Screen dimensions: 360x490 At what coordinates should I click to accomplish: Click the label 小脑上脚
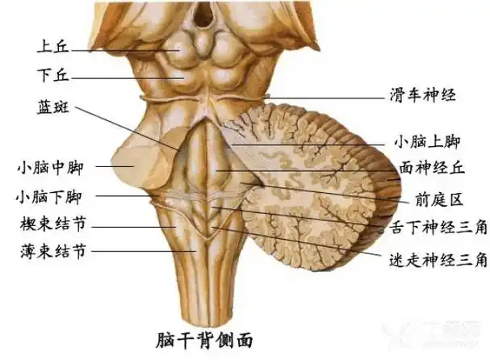click(x=427, y=142)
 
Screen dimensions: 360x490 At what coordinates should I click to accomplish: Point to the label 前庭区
click(x=427, y=197)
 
